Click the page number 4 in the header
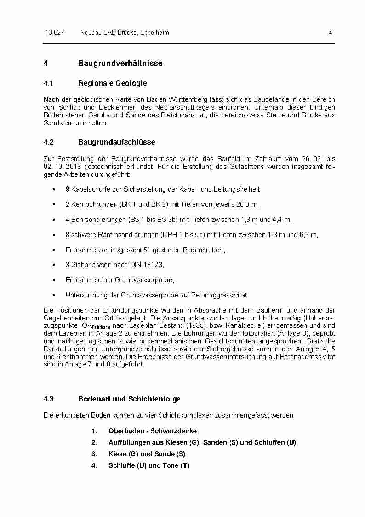[331, 33]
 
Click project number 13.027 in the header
[54, 33]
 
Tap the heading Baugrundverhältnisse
[120, 63]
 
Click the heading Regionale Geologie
[112, 83]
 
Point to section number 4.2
[49, 142]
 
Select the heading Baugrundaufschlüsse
[116, 142]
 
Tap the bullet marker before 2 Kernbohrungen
[54, 204]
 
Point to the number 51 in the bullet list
[145, 250]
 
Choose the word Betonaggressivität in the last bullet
[221, 295]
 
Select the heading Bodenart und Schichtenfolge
[129, 399]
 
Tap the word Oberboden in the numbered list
[124, 431]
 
